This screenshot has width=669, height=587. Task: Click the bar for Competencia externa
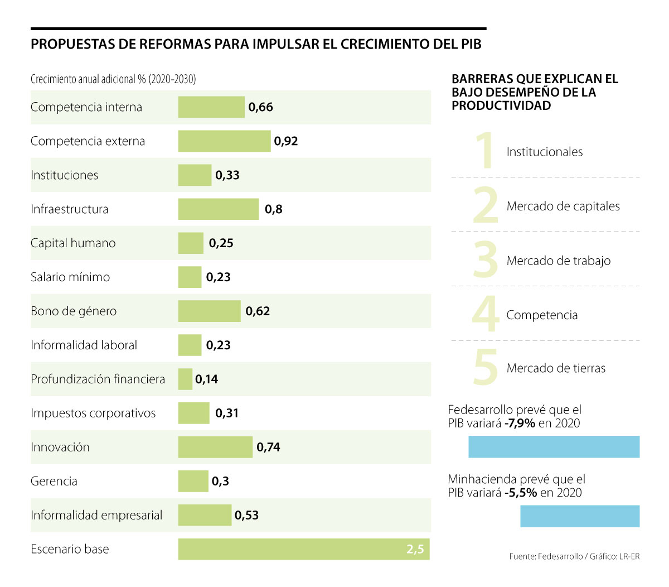(x=224, y=141)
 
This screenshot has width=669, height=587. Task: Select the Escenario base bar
(x=304, y=549)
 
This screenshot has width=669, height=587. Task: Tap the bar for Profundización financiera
(x=185, y=379)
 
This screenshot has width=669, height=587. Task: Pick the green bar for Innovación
(x=215, y=447)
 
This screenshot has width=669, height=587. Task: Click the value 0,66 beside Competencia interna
(x=260, y=107)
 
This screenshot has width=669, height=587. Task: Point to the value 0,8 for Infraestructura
(x=273, y=209)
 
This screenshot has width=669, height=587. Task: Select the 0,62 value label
(x=258, y=311)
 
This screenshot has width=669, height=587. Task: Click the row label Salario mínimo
(x=70, y=277)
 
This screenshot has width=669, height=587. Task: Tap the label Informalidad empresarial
(x=96, y=515)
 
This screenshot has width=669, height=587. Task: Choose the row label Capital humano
(x=73, y=243)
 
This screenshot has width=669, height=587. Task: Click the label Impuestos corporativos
(x=93, y=413)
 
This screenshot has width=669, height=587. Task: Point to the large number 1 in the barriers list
(x=486, y=150)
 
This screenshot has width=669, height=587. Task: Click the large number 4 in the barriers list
(x=485, y=314)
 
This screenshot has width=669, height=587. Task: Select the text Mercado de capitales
(x=563, y=206)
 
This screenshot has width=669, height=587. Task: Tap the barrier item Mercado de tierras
(x=556, y=368)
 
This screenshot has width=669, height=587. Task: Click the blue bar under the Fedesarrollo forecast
(x=554, y=447)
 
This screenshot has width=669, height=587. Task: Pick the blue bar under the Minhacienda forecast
(x=580, y=516)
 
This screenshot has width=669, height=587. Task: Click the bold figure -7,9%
(x=520, y=424)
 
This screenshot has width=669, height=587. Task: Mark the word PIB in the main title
(x=471, y=45)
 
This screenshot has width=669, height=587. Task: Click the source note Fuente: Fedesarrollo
(x=546, y=556)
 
